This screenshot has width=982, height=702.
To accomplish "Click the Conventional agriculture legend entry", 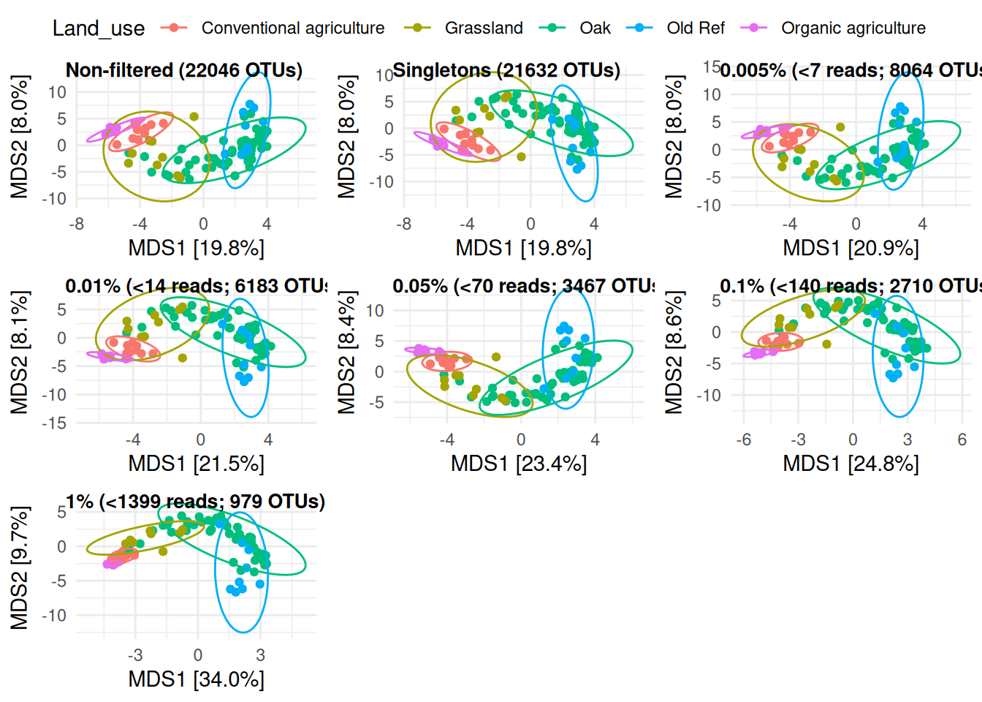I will [292, 28].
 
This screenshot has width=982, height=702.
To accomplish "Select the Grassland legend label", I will [484, 28].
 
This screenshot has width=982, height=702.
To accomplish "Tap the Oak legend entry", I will [595, 28].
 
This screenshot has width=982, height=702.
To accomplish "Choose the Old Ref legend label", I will [695, 28].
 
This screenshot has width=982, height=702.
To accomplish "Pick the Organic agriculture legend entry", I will [853, 28].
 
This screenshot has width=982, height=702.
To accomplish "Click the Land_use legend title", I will [99, 28].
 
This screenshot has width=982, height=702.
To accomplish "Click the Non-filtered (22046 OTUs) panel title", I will [184, 70].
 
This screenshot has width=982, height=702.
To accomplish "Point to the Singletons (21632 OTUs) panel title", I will [506, 70].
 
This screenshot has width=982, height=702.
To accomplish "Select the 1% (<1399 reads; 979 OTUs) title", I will [195, 502].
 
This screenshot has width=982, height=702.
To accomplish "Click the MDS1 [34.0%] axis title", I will [196, 679].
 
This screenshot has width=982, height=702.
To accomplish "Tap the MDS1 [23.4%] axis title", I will [519, 464].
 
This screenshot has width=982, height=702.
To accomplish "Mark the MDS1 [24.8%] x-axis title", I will [850, 464].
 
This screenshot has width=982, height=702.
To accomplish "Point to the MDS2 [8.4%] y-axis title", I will [347, 352].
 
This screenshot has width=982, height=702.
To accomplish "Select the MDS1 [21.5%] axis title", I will [196, 464].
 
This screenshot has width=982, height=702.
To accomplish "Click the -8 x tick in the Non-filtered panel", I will [77, 224].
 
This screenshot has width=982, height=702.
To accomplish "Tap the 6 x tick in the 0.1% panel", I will [962, 439].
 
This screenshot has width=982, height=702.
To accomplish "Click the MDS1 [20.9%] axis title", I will [850, 248].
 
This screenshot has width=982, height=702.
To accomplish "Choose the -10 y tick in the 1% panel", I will [53, 615].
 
